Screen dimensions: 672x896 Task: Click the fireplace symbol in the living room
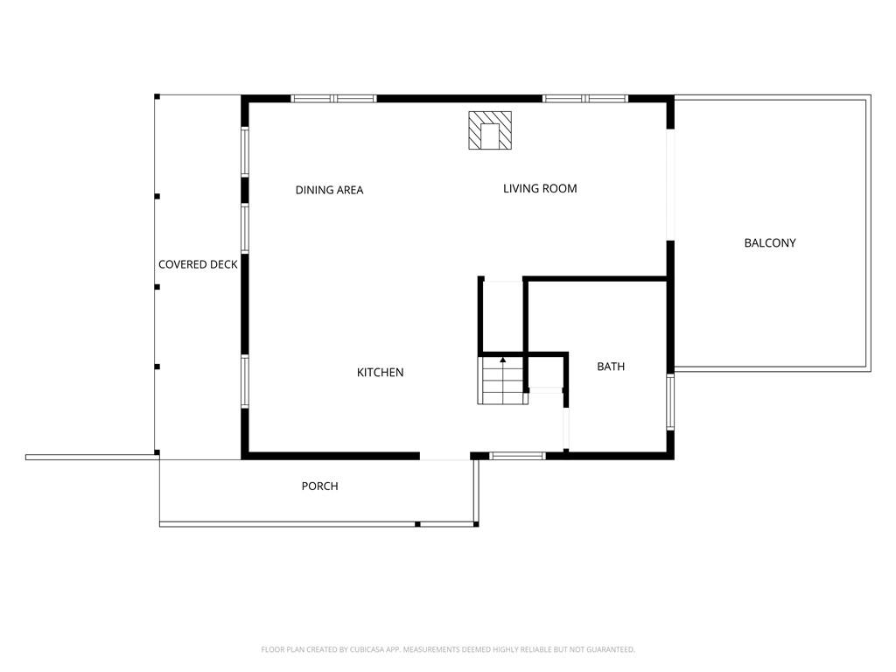pos(489,130)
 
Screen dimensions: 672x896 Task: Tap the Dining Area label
pos(329,190)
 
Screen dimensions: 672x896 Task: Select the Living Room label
pos(540,188)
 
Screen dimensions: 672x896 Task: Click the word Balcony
pos(770,242)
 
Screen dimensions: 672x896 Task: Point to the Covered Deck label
pos(198,264)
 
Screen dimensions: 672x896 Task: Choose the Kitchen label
pos(380,373)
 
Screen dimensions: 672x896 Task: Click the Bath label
pos(611,367)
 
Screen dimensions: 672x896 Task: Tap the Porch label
pos(319,486)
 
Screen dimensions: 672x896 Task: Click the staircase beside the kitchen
pos(501,381)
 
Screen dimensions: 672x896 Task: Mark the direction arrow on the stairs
pos(503,359)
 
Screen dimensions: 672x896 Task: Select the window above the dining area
pos(333,99)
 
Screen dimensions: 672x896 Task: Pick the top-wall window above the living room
pos(585,99)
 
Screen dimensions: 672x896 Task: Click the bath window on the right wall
pos(670,402)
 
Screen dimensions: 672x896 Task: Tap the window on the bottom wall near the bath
pos(517,455)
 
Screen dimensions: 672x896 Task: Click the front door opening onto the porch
pos(444,456)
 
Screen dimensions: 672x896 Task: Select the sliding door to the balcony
pos(670,185)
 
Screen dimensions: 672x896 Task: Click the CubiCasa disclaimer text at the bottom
pos(448,649)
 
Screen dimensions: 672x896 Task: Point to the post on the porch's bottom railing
pos(417,523)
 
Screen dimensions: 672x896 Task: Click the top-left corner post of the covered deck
pos(157,96)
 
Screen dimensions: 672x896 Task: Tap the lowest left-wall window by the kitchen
pos(245,382)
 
